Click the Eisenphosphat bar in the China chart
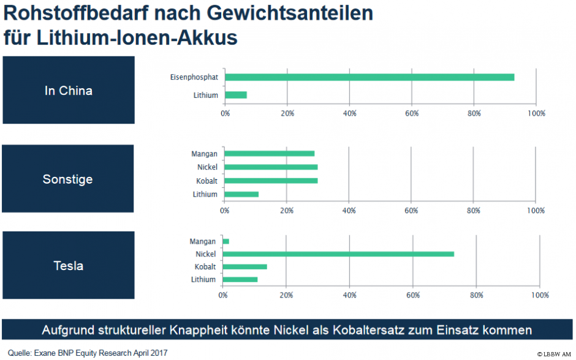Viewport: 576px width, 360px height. [x=369, y=77]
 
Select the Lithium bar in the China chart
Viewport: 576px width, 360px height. [x=236, y=95]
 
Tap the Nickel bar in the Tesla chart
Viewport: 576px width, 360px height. [x=339, y=253]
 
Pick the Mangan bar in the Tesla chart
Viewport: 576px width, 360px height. [x=226, y=241]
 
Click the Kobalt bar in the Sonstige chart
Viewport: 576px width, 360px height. [x=271, y=181]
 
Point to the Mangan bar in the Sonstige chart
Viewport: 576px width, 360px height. [x=270, y=154]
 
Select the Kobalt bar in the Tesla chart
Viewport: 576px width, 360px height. [x=245, y=267]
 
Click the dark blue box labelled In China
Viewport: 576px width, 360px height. [x=69, y=91]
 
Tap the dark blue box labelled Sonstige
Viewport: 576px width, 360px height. [x=68, y=179]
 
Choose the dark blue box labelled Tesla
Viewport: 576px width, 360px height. [x=68, y=266]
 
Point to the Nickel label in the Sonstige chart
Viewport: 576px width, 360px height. [x=207, y=167]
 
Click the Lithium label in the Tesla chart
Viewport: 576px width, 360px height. [x=203, y=280]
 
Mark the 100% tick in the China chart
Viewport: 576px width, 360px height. [x=536, y=113]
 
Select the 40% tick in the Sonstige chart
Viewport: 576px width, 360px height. [x=349, y=210]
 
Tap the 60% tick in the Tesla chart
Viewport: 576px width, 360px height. [x=413, y=295]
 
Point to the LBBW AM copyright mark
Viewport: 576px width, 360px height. [x=554, y=354]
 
